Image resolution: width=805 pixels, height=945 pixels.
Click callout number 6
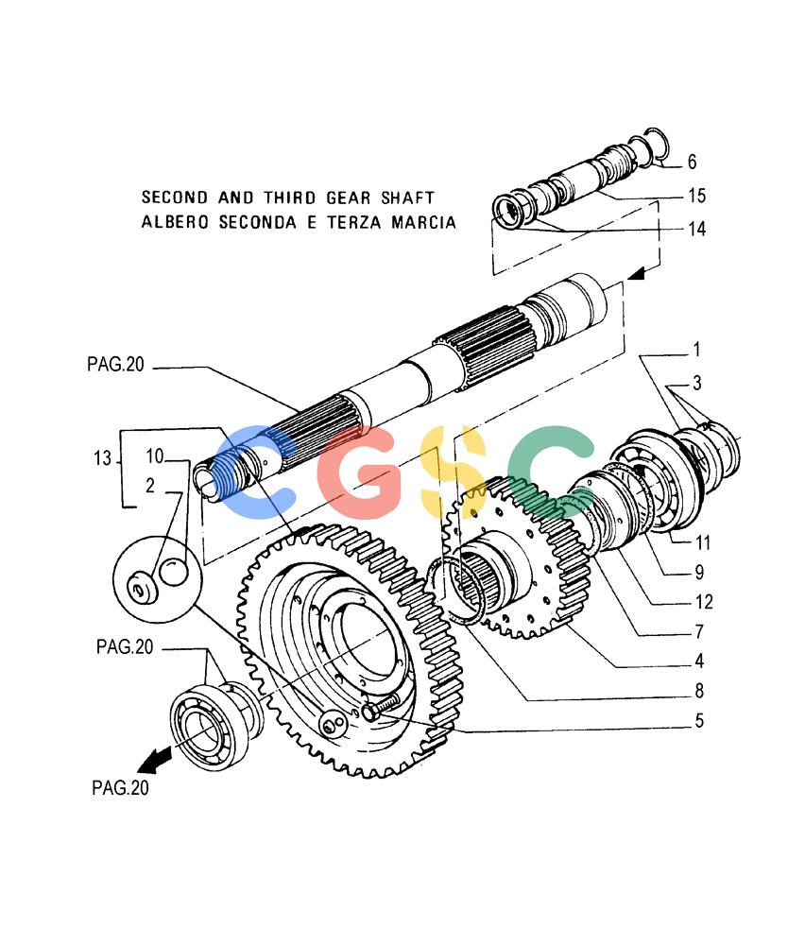pyautogui.click(x=692, y=162)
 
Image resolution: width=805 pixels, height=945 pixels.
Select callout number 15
pyautogui.click(x=696, y=196)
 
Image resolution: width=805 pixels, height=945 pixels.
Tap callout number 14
pyautogui.click(x=696, y=229)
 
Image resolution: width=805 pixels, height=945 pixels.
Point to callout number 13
pyautogui.click(x=102, y=458)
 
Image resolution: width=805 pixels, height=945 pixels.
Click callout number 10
pyautogui.click(x=155, y=455)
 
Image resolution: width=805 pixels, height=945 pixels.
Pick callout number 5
pyautogui.click(x=699, y=720)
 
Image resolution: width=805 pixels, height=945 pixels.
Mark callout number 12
pyautogui.click(x=704, y=601)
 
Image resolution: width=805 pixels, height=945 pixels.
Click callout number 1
pyautogui.click(x=696, y=349)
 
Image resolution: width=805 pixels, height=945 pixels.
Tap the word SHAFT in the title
pyautogui.click(x=407, y=198)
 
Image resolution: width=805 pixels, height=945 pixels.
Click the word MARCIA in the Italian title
pyautogui.click(x=423, y=222)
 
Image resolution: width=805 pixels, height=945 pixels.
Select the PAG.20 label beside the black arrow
pyautogui.click(x=120, y=788)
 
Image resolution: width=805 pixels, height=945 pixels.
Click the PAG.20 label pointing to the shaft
pyautogui.click(x=115, y=364)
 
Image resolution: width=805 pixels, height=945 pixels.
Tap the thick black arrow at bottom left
pyautogui.click(x=155, y=760)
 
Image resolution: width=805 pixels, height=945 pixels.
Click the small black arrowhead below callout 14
pyautogui.click(x=636, y=274)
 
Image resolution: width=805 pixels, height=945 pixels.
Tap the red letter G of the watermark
pyautogui.click(x=358, y=472)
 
